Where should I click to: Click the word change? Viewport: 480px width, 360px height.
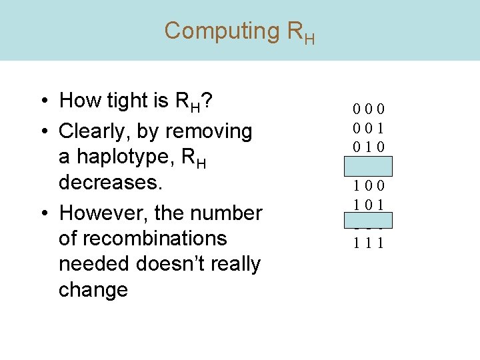coord(93,290)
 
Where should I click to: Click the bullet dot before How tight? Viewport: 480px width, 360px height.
coord(43,101)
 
